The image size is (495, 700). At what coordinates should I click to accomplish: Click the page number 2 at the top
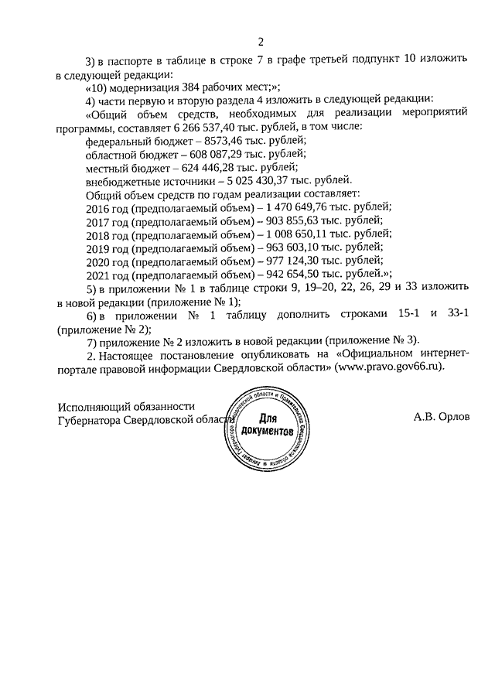pyautogui.click(x=261, y=41)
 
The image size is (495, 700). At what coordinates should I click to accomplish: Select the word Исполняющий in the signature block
pyautogui.click(x=94, y=408)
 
